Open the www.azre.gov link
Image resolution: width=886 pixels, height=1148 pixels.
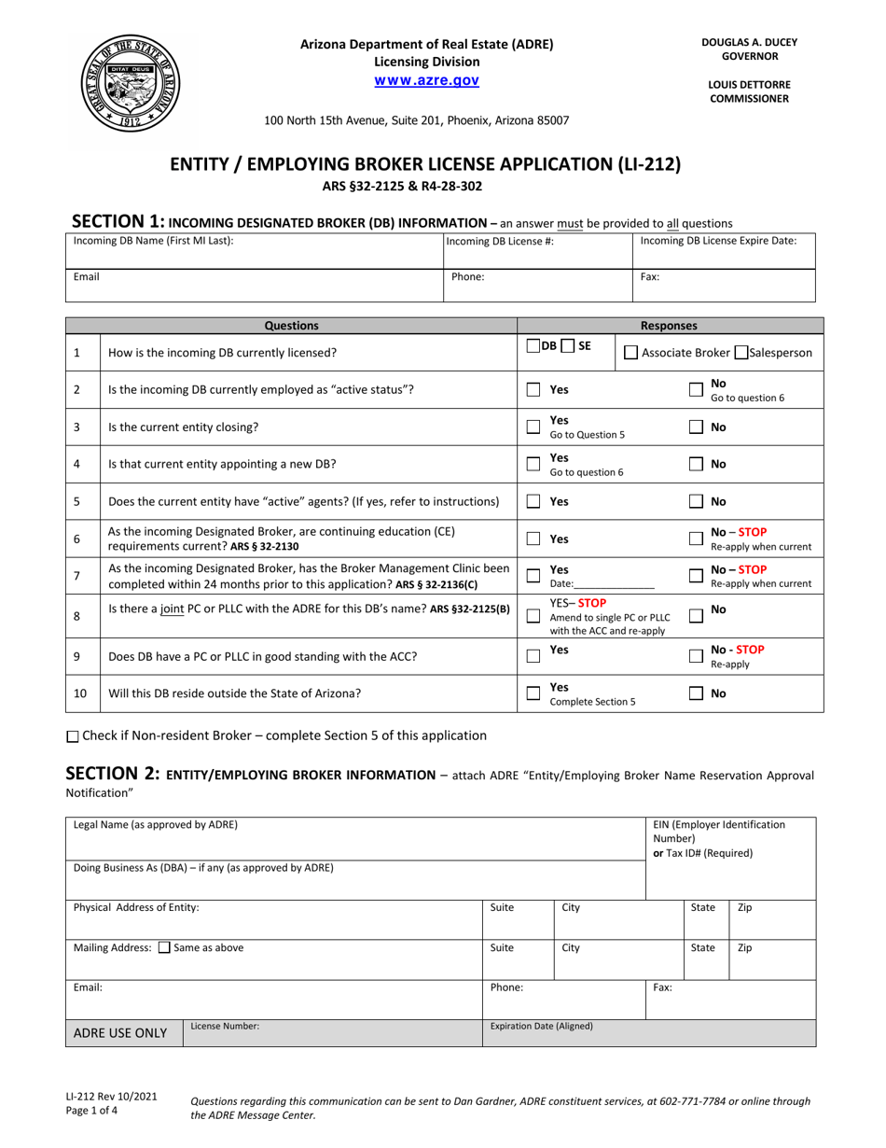pos(426,81)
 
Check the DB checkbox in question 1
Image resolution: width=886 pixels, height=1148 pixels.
pos(533,346)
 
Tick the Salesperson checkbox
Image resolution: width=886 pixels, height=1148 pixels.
pos(741,353)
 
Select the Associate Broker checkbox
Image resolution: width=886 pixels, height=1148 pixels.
pos(630,353)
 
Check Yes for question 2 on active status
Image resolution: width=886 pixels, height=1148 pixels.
pos(533,389)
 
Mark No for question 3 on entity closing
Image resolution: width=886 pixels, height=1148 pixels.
pos(696,427)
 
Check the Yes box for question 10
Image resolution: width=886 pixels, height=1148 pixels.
pos(533,693)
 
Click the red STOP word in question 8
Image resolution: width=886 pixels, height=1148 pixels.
pos(591,602)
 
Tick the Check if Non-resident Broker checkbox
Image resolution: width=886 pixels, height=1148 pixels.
pos(74,736)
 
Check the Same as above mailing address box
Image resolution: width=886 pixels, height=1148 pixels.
pos(164,948)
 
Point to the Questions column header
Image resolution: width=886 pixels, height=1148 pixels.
pos(291,326)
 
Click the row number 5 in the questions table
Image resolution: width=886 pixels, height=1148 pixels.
pos(76,501)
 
